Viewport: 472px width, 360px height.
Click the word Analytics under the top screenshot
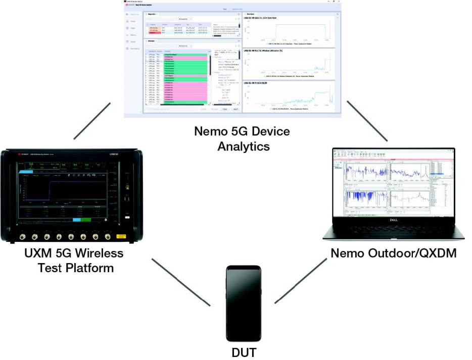(243, 146)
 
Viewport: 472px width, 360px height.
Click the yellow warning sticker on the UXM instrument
(121, 236)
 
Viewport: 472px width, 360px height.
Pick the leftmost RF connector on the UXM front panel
(22, 236)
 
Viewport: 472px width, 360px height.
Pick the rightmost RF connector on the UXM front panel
(107, 236)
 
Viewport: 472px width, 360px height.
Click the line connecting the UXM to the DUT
(180, 283)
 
